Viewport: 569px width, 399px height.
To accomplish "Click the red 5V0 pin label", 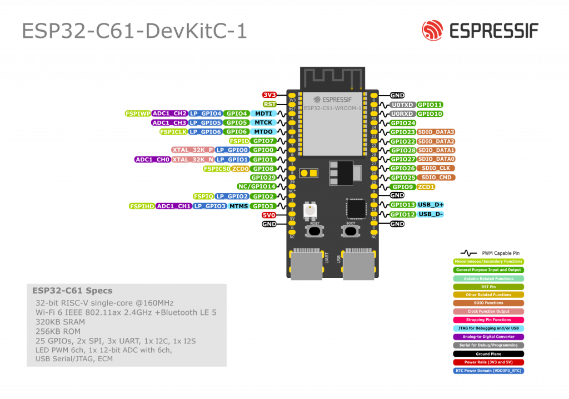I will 269,215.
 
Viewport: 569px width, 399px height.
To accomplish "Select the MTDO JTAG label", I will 263,132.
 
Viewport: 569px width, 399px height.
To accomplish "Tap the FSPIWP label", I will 138,114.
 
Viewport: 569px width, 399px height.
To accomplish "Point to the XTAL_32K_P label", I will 192,150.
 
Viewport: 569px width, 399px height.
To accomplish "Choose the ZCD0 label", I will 241,169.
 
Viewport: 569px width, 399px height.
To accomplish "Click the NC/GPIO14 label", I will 257,187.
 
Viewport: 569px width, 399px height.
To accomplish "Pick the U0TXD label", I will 402,105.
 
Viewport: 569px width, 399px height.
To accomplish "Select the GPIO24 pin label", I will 403,123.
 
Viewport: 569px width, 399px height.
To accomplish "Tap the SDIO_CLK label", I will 436,168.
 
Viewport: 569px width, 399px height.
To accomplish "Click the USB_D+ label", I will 431,205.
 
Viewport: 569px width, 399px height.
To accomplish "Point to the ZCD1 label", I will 426,187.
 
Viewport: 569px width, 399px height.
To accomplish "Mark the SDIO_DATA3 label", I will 436,132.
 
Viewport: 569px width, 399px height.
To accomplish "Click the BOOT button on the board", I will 351,231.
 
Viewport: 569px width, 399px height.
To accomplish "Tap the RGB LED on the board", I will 310,210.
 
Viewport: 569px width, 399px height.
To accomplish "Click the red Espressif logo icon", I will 432,31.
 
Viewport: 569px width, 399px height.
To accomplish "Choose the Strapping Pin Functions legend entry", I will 488,320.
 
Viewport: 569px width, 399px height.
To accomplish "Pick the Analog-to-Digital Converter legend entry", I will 488,337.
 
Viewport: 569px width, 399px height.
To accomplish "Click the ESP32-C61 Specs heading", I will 72,290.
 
